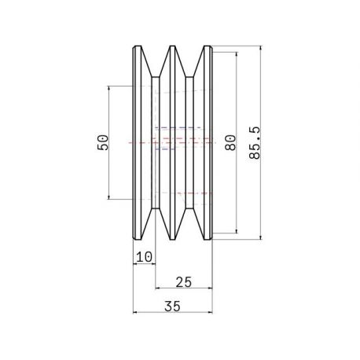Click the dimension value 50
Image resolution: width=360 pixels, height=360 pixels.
click(103, 142)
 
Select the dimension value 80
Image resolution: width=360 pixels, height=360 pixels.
click(230, 142)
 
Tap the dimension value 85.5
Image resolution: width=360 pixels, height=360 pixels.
click(255, 143)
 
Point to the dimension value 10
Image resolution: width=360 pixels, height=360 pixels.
click(144, 257)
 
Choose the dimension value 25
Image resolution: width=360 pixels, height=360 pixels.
click(184, 282)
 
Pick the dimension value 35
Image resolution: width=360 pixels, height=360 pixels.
click(172, 306)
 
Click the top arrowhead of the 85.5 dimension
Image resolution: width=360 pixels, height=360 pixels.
click(260, 49)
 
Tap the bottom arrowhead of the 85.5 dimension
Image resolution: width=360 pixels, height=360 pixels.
click(260, 237)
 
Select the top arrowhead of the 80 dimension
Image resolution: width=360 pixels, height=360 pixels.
click(237, 55)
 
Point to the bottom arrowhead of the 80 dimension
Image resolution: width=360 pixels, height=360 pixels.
click(237, 230)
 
